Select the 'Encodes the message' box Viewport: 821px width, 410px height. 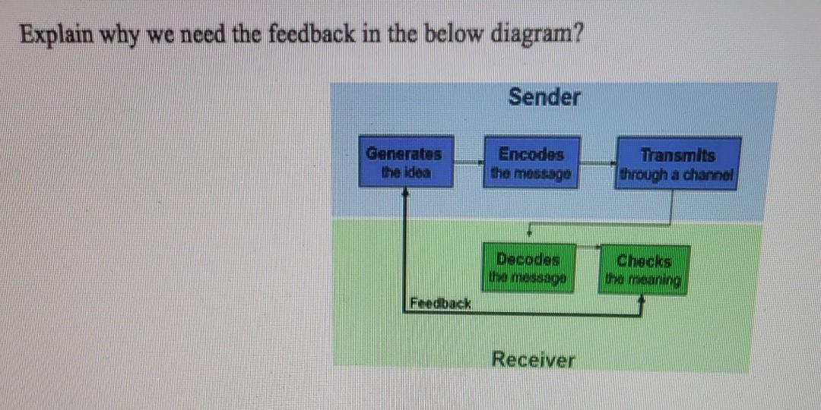coord(531,162)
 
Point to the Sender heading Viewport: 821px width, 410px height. coord(544,97)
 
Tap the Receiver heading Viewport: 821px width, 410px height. coord(534,359)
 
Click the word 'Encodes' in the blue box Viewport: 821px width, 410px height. coord(531,154)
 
